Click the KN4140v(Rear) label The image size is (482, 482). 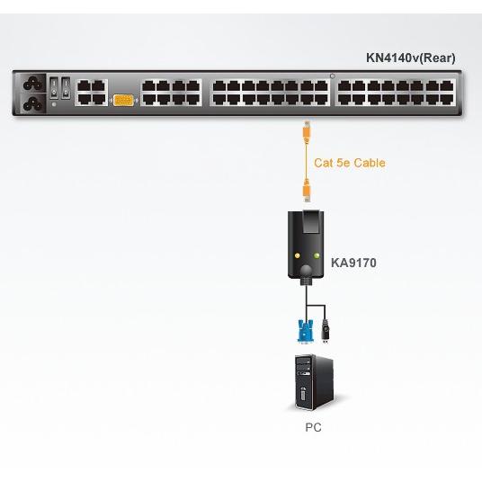pos(410,58)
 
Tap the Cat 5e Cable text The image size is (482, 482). pos(350,163)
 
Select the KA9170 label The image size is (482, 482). pos(353,263)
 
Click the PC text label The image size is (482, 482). pos(313,427)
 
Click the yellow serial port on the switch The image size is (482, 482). pos(123,100)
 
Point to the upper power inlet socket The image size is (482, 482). pos(33,83)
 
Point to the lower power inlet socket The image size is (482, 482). pos(33,103)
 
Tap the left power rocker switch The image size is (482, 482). pos(54,87)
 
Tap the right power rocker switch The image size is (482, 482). pos(66,87)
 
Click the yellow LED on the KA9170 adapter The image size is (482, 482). pos(298,255)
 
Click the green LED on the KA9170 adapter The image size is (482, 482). pos(317,255)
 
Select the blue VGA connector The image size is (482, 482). pos(305,331)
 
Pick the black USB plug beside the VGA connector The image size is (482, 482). pos(326,331)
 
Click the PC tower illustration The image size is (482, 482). pos(314,382)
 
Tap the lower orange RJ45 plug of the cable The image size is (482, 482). pos(307,191)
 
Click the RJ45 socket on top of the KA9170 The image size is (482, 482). pos(311,221)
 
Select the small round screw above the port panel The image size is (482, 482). pos(333,76)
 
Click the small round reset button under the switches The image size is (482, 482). pos(54,104)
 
